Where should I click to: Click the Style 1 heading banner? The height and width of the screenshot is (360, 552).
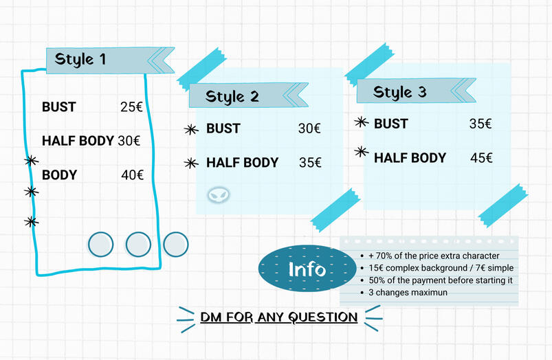click(103, 60)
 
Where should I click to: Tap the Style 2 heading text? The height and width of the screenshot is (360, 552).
click(232, 96)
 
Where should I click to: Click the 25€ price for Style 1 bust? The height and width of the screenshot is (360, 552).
click(131, 107)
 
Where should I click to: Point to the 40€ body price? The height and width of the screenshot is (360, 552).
click(132, 175)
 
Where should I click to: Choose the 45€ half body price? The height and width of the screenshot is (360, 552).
click(481, 158)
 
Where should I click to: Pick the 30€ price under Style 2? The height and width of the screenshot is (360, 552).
click(309, 128)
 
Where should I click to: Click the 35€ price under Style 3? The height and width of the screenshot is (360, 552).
click(481, 124)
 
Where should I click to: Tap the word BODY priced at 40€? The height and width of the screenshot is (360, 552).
click(59, 175)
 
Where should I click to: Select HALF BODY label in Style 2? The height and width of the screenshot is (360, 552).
click(242, 163)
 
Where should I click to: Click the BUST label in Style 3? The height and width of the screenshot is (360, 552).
click(390, 124)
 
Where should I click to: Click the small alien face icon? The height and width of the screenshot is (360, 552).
click(219, 195)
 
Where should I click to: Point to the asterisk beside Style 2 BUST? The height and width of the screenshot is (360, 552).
click(191, 128)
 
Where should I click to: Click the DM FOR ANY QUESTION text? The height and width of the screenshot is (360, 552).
click(278, 317)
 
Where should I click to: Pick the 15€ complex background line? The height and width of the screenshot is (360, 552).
click(441, 268)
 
